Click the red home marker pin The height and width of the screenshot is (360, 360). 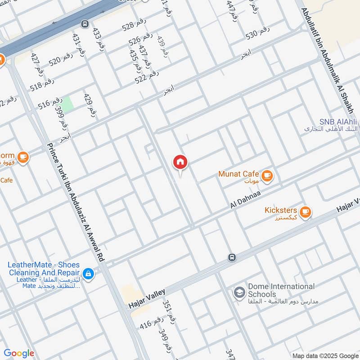[180, 162]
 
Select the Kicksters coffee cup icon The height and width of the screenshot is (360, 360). [306, 211]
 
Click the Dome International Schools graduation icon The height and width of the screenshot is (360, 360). [239, 293]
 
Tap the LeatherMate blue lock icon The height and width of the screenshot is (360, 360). [89, 273]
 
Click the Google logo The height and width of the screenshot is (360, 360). [19, 353]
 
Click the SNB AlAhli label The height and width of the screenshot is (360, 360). [338, 121]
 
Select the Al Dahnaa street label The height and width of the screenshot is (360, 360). [246, 198]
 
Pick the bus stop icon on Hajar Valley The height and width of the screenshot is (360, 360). [231, 257]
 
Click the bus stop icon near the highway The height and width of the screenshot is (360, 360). [84, 23]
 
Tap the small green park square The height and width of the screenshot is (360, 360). [67, 105]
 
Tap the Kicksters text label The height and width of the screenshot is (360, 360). [280, 210]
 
